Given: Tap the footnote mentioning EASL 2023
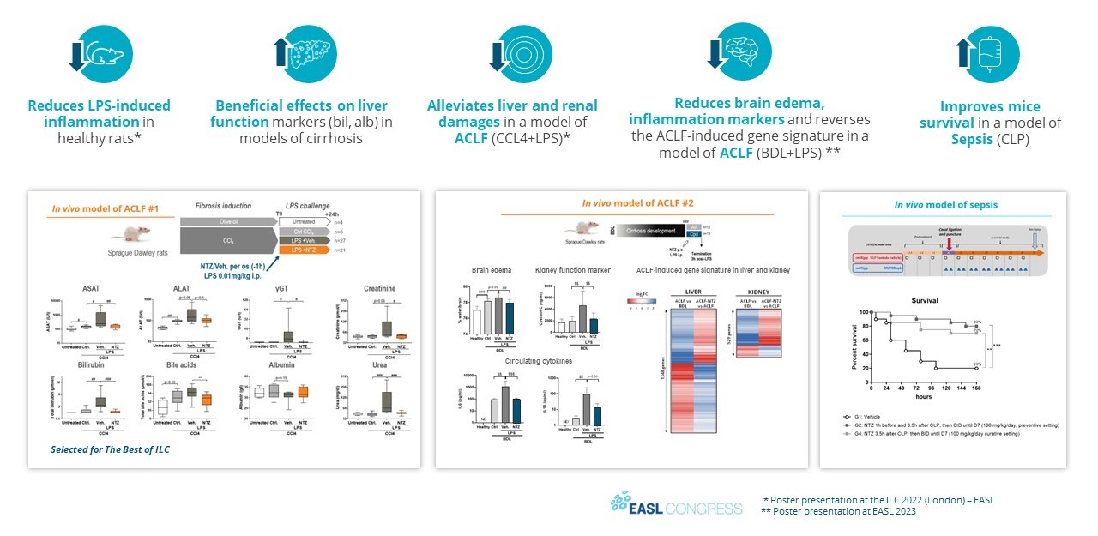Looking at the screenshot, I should coord(838,511).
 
